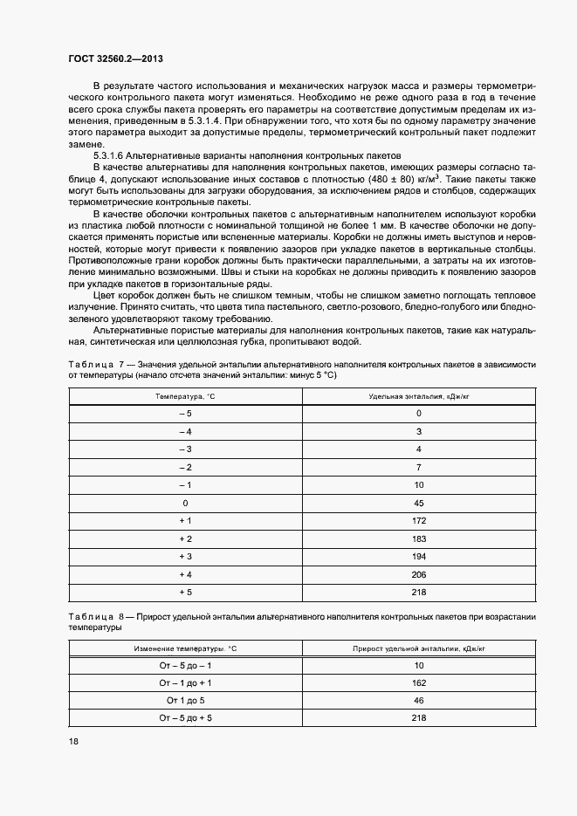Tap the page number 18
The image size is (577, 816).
tap(73, 741)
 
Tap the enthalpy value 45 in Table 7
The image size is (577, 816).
tap(418, 503)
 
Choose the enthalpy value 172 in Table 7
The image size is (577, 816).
tap(418, 521)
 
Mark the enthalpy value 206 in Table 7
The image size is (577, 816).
tap(418, 574)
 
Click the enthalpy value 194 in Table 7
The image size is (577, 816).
tap(418, 557)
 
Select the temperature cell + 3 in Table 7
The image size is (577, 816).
tap(185, 557)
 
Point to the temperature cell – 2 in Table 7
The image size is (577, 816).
tap(185, 467)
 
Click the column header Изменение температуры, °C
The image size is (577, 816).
tap(185, 649)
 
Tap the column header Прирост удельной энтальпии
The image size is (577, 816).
tap(418, 649)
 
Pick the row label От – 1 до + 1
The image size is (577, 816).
tap(185, 683)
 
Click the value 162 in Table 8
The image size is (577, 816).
tap(418, 683)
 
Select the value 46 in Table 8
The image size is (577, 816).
tap(418, 700)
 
